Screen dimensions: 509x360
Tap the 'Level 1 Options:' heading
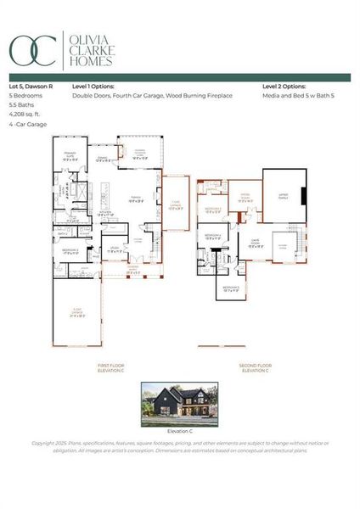pyautogui.click(x=93, y=87)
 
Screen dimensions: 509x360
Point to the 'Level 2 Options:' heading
pyautogui.click(x=283, y=87)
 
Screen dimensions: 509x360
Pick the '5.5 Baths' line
pyautogui.click(x=21, y=105)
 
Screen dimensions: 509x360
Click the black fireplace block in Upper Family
pyautogui.click(x=303, y=193)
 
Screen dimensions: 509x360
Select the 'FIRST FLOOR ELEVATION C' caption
pyautogui.click(x=112, y=368)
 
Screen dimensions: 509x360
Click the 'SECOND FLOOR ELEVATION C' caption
pyautogui.click(x=255, y=368)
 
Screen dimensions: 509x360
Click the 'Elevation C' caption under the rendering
pyautogui.click(x=179, y=431)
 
